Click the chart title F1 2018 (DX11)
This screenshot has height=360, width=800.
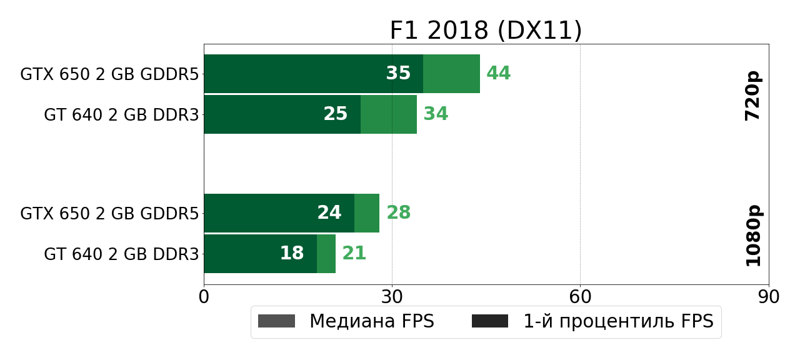point(486,31)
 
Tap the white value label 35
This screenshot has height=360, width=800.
point(398,74)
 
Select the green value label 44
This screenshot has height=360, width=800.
point(498,74)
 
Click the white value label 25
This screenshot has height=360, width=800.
point(336,114)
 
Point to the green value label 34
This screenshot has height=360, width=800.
point(436,114)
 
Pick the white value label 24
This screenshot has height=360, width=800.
point(329,213)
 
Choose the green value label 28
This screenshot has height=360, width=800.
point(398,213)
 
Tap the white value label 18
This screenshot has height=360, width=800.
point(292,254)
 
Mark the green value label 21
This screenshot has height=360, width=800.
point(354,254)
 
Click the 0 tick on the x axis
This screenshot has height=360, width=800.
point(204,297)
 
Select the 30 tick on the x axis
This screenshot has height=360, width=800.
point(392,297)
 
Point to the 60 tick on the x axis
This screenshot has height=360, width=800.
point(580,297)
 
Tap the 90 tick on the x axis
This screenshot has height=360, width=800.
point(768,297)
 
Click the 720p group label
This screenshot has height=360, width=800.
point(753,96)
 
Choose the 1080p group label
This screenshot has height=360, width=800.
point(753,235)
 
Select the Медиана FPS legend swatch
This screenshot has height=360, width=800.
point(276,321)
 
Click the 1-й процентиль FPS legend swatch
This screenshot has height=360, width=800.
point(490,321)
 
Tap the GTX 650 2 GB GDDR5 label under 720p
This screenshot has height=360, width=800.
point(109,74)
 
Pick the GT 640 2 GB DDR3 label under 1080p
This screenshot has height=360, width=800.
point(121,254)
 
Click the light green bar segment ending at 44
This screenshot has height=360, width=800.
point(451,74)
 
